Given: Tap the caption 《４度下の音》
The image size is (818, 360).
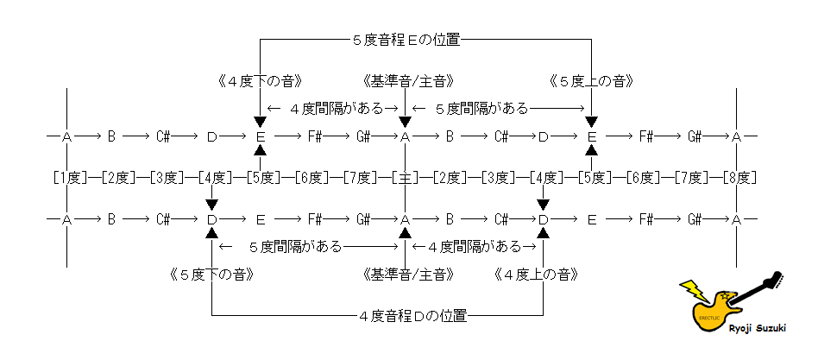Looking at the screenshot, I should tap(259, 82).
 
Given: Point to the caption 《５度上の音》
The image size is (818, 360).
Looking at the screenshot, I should tap(592, 82).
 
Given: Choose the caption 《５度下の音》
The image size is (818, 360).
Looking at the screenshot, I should tap(211, 274).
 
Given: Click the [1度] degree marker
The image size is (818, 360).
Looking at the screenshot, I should tap(67, 178).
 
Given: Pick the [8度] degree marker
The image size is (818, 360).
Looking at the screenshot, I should tap(739, 178).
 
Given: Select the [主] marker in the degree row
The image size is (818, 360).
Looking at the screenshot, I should tap(405, 178).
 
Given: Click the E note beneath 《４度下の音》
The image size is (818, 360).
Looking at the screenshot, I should tap(260, 136).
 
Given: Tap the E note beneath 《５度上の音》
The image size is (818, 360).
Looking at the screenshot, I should tap(592, 136).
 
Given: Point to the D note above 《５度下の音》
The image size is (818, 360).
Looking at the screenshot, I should tap(211, 220).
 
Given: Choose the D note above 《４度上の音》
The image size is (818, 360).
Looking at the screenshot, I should tap(544, 220).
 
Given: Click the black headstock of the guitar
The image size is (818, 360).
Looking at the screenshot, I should tap(777, 281).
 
